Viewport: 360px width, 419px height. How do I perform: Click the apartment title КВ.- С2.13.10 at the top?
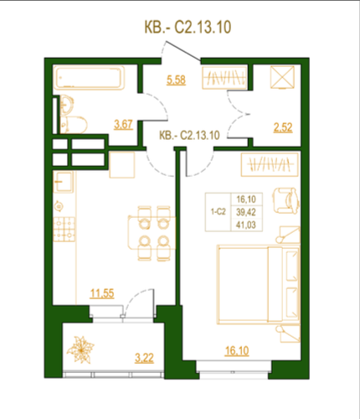[x=188, y=28]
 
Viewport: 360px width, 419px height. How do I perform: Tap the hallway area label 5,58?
[x=176, y=80]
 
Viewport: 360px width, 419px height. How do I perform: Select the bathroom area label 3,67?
[x=123, y=125]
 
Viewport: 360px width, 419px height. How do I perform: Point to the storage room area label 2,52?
[x=283, y=127]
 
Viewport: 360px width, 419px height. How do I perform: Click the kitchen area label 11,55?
[x=102, y=293]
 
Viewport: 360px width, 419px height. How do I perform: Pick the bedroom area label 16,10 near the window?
[x=237, y=351]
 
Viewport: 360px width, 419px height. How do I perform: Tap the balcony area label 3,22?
[x=144, y=358]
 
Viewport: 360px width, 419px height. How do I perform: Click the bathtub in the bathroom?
[x=89, y=78]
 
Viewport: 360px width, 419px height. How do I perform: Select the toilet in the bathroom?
[x=74, y=125]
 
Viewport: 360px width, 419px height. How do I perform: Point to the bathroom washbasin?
[x=66, y=105]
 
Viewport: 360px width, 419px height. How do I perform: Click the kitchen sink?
[x=64, y=182]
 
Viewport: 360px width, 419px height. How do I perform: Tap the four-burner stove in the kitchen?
[x=64, y=230]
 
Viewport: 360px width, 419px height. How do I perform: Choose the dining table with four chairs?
[x=152, y=233]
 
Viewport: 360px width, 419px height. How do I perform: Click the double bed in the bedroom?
[x=259, y=285]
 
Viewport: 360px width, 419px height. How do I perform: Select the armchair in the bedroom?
[x=285, y=200]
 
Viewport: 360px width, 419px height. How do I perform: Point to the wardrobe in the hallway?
[x=225, y=77]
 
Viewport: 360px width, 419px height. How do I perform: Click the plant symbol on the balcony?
[x=80, y=349]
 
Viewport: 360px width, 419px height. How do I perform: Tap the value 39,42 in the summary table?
[x=246, y=212]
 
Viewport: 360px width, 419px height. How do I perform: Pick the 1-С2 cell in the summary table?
[x=219, y=212]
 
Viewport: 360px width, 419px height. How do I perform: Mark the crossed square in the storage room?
[x=282, y=77]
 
